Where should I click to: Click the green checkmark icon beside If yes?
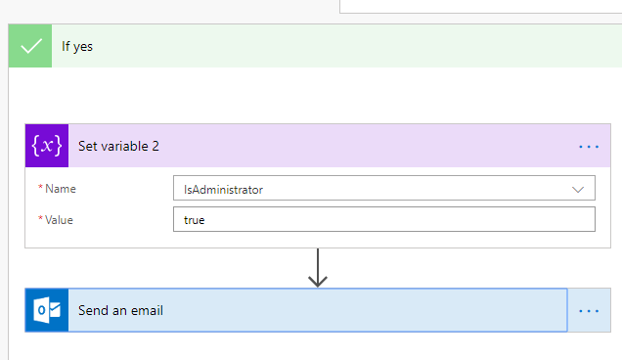point(30,46)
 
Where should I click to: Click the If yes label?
point(77,46)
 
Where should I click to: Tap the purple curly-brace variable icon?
point(47,146)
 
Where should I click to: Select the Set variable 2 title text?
point(118,146)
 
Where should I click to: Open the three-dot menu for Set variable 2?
point(588,146)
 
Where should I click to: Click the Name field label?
point(61,189)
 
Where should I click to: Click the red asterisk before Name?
point(40,189)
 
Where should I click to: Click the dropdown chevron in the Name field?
point(577,189)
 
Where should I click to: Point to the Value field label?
point(61,220)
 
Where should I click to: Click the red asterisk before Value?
point(40,220)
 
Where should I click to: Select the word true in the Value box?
point(195,220)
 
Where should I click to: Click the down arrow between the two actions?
point(317,268)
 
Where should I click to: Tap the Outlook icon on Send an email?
point(47,310)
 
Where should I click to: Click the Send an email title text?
point(120,311)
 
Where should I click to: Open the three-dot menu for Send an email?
point(588,310)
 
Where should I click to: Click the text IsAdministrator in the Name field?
point(223,189)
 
